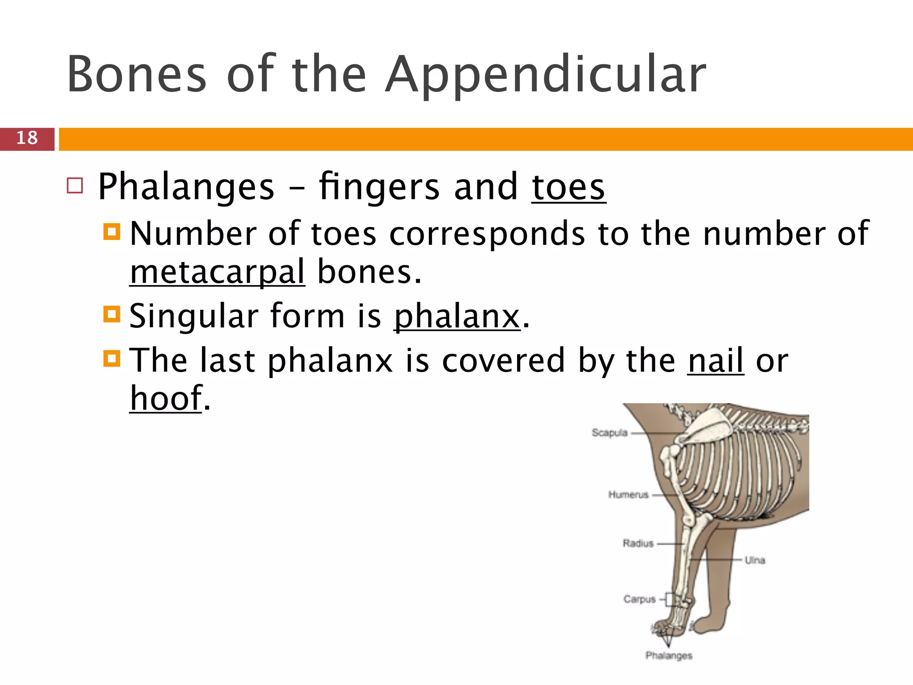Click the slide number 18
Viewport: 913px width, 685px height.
point(27,138)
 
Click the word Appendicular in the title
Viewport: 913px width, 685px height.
point(546,75)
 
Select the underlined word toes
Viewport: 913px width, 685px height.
point(568,187)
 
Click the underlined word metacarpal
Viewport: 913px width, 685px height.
point(218,272)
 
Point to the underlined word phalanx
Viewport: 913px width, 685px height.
point(457,316)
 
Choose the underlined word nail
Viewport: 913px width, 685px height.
point(716,360)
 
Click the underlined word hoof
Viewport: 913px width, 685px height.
point(166,398)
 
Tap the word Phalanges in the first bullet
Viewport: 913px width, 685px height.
point(186,187)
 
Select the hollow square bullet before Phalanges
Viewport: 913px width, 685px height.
point(75,186)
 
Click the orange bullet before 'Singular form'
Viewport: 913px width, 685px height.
point(111,314)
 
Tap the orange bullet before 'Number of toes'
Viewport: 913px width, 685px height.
point(111,232)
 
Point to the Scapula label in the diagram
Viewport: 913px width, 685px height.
point(609,433)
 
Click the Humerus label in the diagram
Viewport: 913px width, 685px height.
point(628,495)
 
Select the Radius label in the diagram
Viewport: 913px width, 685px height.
point(638,543)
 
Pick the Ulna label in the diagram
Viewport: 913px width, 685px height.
point(755,560)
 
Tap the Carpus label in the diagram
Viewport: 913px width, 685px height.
point(639,599)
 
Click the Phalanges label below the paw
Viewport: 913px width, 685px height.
point(669,655)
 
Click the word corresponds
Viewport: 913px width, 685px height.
point(487,234)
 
